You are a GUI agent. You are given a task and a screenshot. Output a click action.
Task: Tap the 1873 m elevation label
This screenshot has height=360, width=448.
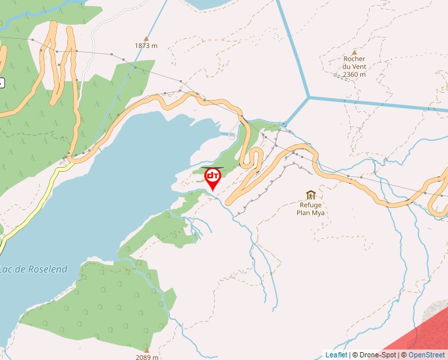pos(146,45)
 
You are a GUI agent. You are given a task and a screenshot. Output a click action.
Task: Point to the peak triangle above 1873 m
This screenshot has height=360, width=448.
pos(146,38)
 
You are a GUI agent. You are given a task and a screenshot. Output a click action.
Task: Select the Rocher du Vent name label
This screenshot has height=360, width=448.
pos(354,63)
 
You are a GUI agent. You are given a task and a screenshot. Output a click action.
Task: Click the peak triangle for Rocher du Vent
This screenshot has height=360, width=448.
pos(354,51)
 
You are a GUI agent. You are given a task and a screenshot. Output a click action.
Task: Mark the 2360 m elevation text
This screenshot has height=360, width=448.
pos(354,74)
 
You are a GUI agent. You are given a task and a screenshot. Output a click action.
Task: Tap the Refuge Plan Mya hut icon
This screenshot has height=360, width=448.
pos(310,195)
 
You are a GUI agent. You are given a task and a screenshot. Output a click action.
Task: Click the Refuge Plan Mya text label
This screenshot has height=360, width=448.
pos(310,209)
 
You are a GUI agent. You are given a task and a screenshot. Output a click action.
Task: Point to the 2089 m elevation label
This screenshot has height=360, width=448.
pos(146,357)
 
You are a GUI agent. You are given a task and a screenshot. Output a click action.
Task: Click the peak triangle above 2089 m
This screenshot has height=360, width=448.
pos(146,349)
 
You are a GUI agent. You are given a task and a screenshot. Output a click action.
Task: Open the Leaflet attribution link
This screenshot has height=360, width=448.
pos(336,355)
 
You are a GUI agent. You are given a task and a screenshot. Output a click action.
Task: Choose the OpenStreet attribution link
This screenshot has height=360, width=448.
pos(426,355)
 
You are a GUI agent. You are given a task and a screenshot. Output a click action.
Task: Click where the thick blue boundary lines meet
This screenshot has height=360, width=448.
pos(308,98)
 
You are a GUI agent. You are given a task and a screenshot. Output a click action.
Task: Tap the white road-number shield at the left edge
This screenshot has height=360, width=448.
pos(1,83)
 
